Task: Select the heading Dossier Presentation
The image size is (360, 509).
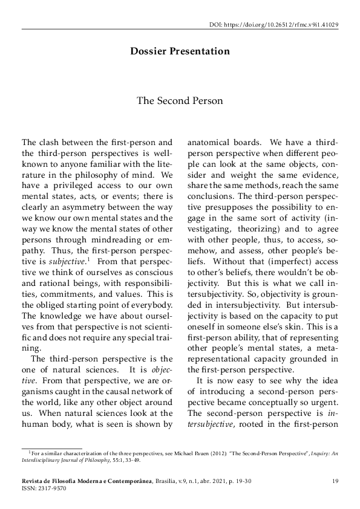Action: [180, 51]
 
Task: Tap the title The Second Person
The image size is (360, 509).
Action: [180, 100]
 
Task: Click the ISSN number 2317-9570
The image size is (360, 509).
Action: [51, 488]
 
